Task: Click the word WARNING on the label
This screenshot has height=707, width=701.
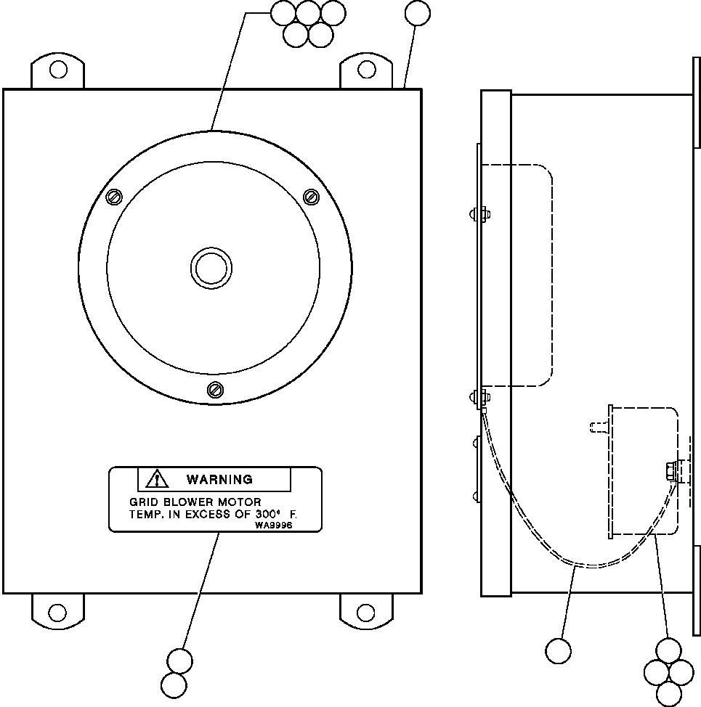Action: [x=219, y=479]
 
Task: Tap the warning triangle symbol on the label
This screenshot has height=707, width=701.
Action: [x=156, y=479]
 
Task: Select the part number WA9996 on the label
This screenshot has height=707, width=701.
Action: [x=274, y=526]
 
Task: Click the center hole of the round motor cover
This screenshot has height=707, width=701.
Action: [x=211, y=268]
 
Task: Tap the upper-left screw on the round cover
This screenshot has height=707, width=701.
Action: [x=114, y=197]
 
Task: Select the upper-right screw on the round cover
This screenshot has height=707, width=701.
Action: [x=311, y=196]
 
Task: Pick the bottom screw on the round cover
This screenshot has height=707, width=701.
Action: [x=215, y=389]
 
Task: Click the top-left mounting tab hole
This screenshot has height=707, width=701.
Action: [x=57, y=70]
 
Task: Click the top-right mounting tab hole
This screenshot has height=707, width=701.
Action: [x=368, y=70]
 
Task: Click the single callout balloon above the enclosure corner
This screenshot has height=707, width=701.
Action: [x=417, y=13]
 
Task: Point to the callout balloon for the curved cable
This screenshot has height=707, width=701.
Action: [x=558, y=650]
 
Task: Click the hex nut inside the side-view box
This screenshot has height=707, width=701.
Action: [x=668, y=471]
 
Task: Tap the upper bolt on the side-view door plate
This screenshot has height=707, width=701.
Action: [x=479, y=214]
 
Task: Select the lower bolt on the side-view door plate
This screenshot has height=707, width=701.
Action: [x=479, y=396]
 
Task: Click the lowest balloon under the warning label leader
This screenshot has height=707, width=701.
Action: [x=174, y=685]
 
